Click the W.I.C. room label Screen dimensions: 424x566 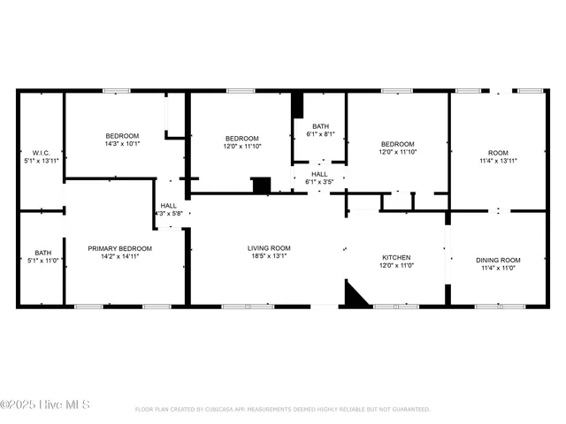tap(40, 153)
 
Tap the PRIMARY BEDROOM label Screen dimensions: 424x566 tap(119, 248)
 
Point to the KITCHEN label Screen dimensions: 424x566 tap(396, 258)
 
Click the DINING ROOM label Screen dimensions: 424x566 tap(499, 260)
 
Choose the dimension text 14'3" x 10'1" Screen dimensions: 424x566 tap(122, 144)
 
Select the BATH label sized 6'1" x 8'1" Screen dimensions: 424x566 tap(319, 126)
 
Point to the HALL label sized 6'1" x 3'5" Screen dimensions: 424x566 tap(319, 174)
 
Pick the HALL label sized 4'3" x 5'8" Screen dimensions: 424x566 tap(168, 205)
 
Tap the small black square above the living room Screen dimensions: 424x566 tap(261, 185)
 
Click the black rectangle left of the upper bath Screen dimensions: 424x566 tap(297, 105)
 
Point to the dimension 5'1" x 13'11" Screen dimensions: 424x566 tap(40, 162)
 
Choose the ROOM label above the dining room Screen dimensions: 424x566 tap(499, 153)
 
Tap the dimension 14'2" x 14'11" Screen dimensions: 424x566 tap(119, 257)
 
